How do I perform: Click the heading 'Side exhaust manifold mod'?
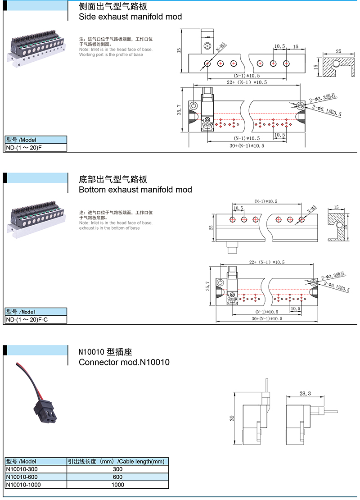(130, 17)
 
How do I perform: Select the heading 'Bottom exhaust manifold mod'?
(135, 189)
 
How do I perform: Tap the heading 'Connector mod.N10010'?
(124, 362)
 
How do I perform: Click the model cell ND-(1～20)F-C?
(36, 320)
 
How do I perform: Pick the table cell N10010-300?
(36, 469)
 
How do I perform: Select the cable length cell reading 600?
(118, 477)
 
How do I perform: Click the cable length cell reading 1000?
(118, 485)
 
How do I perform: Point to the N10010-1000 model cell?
(36, 485)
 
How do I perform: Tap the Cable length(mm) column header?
(118, 461)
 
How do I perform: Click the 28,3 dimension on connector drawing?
(305, 393)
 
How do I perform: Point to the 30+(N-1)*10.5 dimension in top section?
(247, 146)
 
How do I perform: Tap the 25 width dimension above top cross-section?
(338, 51)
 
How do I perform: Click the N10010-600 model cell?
(36, 477)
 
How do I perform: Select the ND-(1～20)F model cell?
(36, 147)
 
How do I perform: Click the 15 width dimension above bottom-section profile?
(337, 208)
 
